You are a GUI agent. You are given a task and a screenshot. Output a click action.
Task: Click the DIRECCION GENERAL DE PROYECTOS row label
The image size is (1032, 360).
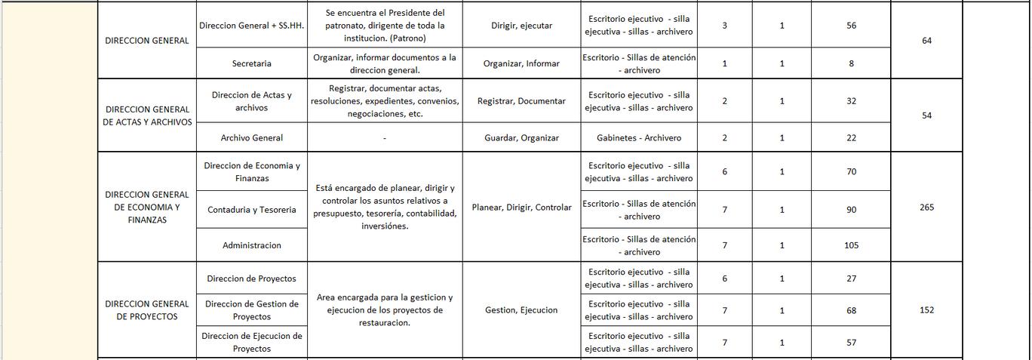click(147, 310)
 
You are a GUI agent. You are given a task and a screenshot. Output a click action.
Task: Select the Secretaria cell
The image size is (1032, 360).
click(252, 63)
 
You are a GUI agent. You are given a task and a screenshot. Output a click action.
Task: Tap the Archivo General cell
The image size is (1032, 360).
click(252, 138)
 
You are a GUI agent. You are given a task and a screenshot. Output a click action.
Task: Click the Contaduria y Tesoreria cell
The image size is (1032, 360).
click(252, 210)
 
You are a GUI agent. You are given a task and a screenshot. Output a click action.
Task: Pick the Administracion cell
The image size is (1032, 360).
click(252, 245)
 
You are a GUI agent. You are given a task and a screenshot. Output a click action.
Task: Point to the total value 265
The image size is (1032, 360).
click(926, 207)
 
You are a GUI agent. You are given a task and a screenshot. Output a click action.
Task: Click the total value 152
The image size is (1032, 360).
click(926, 310)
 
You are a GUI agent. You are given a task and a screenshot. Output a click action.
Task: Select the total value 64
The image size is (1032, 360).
click(926, 41)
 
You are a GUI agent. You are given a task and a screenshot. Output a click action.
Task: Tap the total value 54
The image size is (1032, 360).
click(926, 115)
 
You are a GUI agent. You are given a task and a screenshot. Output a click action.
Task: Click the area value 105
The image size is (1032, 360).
click(851, 245)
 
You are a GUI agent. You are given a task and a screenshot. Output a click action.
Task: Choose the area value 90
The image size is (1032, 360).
click(851, 210)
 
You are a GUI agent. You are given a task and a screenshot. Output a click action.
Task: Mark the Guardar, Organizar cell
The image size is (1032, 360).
click(521, 138)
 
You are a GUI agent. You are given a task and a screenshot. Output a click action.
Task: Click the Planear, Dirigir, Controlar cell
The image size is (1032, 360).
click(521, 208)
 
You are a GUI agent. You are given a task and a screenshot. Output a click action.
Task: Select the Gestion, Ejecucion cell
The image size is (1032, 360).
click(521, 310)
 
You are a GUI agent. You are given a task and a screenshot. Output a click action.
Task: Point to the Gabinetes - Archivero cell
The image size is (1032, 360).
click(639, 138)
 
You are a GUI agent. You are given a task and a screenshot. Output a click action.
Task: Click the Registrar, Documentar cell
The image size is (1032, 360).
click(521, 101)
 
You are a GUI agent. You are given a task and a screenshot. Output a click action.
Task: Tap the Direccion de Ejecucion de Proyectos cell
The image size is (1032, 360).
click(252, 342)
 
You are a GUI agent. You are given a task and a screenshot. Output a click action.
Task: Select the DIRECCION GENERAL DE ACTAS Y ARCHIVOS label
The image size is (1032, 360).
click(147, 115)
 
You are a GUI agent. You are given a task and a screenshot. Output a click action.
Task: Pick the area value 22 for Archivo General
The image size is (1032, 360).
click(851, 138)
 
